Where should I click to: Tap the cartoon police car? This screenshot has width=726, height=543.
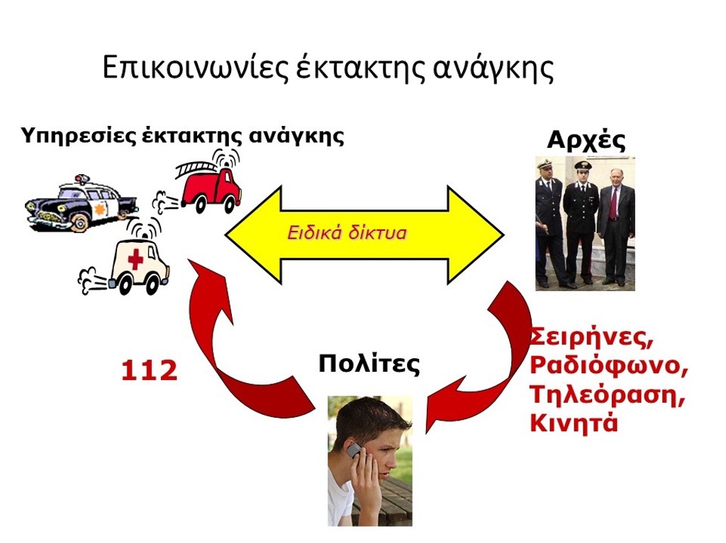coord(81,203)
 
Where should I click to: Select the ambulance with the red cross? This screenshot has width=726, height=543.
coord(128,263)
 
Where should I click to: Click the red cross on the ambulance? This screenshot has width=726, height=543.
coord(135,259)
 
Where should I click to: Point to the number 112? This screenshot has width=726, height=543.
coord(149,370)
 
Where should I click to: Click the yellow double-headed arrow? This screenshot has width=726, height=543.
coord(364,234)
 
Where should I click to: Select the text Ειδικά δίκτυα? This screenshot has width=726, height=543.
coord(347,233)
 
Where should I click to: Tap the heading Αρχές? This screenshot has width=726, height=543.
coord(586,140)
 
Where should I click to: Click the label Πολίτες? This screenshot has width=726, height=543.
coord(369,364)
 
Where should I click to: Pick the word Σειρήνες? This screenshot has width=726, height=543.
coord(592,338)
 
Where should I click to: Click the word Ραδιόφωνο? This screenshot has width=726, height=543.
coord(608,366)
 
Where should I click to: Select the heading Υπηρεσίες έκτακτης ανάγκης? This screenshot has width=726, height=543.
coord(182,136)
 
